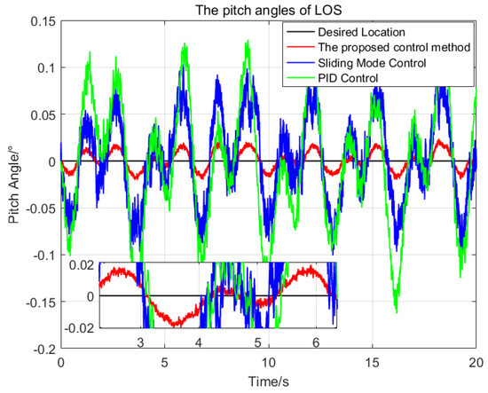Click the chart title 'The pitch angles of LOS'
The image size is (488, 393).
[268, 10]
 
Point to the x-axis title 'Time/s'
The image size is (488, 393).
[268, 382]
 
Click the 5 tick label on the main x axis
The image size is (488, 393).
[164, 363]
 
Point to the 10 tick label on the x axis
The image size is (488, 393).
[268, 363]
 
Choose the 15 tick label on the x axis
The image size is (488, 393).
[372, 363]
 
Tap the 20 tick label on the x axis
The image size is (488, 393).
[476, 363]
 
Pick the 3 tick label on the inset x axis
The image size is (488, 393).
[140, 342]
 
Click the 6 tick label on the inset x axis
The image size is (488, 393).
[315, 342]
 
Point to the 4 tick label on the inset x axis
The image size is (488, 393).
[199, 342]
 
